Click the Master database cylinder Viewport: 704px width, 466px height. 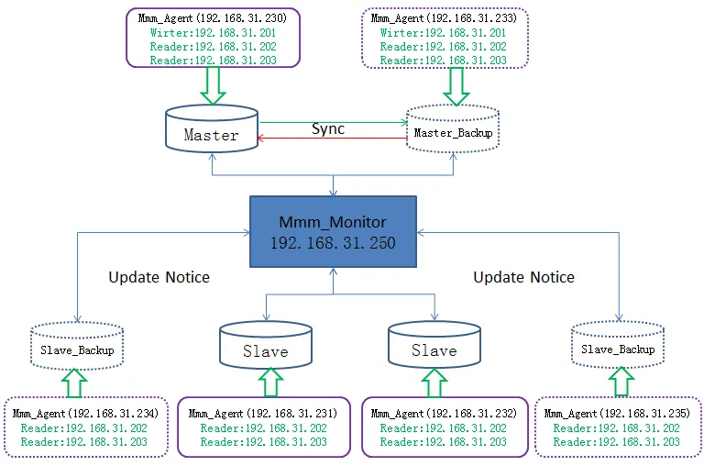tap(212, 128)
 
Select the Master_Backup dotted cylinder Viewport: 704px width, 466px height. tap(453, 128)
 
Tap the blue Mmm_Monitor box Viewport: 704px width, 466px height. tap(333, 231)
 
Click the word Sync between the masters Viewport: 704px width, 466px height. tap(328, 129)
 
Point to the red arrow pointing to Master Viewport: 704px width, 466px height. tap(332, 138)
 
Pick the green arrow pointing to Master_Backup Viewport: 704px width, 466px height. tap(333, 122)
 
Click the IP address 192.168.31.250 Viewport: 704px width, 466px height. tap(333, 243)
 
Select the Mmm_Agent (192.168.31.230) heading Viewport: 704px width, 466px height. tap(213, 18)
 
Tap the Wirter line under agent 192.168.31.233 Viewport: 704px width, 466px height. tap(443, 33)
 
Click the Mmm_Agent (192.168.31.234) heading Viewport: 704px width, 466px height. tap(85, 414)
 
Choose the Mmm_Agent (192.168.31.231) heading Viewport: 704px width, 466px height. tap(263, 414)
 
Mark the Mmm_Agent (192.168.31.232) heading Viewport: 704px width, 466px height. tap(444, 414)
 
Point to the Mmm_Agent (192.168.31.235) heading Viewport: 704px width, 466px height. tap(617, 414)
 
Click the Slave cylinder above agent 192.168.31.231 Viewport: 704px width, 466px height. tap(266, 345)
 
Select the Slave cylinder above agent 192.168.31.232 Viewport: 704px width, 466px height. tap(434, 344)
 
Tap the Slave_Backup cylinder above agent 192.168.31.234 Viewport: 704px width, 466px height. tap(77, 346)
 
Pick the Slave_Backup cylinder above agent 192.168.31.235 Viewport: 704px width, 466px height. tap(618, 345)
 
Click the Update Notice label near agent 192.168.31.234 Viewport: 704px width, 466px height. tap(159, 277)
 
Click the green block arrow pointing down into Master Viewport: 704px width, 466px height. tap(213, 85)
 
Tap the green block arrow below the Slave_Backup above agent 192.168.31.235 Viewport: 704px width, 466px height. tap(621, 382)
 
